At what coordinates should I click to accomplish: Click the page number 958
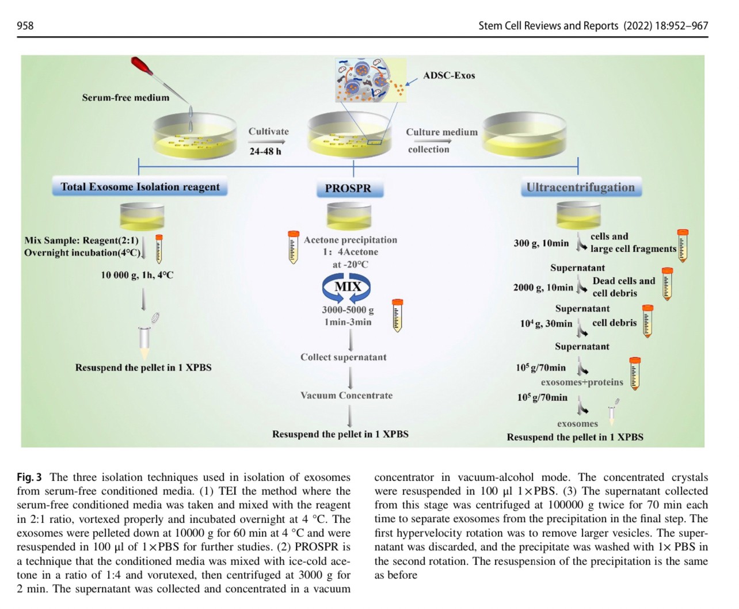(x=25, y=26)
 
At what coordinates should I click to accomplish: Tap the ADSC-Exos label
(x=449, y=75)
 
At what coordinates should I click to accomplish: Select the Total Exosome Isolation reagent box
(x=140, y=187)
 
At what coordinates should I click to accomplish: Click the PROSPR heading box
(x=348, y=189)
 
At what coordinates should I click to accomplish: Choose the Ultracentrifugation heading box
(x=580, y=187)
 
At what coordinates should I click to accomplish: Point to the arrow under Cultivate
(x=268, y=141)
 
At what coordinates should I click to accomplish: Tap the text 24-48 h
(x=265, y=151)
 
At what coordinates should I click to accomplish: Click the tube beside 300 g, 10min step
(x=683, y=246)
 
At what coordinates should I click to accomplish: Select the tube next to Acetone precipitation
(x=294, y=247)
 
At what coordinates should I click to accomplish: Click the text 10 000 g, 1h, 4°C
(x=137, y=275)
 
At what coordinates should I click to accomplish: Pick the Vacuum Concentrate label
(x=346, y=396)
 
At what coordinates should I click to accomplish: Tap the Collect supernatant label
(x=343, y=357)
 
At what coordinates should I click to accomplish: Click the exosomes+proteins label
(x=582, y=382)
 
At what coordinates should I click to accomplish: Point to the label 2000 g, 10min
(x=543, y=288)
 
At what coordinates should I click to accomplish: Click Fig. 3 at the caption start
(x=29, y=477)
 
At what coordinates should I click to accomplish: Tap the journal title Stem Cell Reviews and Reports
(x=548, y=26)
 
